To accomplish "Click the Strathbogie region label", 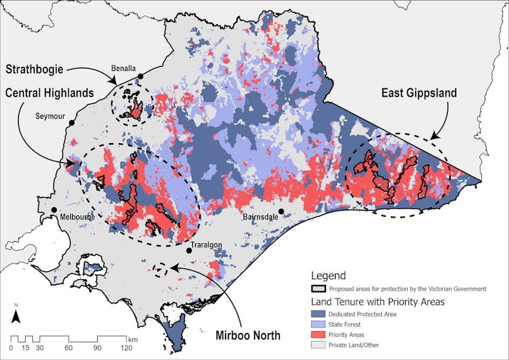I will [x=42, y=70].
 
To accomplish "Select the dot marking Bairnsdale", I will [x=282, y=211].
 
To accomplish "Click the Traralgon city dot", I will [x=189, y=251].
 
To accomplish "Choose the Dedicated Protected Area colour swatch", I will [x=319, y=314].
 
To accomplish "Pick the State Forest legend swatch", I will [x=319, y=324].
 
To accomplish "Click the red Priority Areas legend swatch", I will [x=319, y=334].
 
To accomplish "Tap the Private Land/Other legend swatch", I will [x=319, y=344].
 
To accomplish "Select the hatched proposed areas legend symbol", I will [x=319, y=288].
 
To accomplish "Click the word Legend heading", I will [x=328, y=276].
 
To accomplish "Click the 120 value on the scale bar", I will [x=126, y=348].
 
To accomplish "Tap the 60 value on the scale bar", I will [x=69, y=348].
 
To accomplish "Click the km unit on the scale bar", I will [x=134, y=338].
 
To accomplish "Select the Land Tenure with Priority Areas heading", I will [x=377, y=301].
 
